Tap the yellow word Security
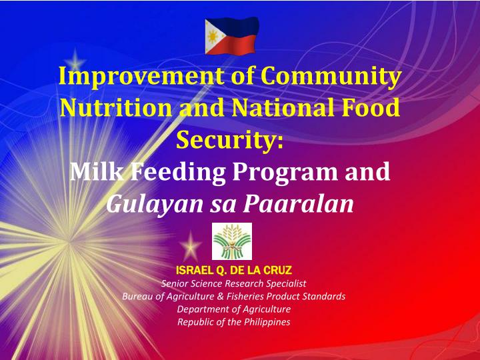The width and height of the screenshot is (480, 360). [x=229, y=140]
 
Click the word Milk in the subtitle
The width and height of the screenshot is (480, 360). [x=94, y=173]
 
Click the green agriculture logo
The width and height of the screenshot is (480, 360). [x=231, y=241]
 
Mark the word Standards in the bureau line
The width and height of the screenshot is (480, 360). [x=325, y=297]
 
